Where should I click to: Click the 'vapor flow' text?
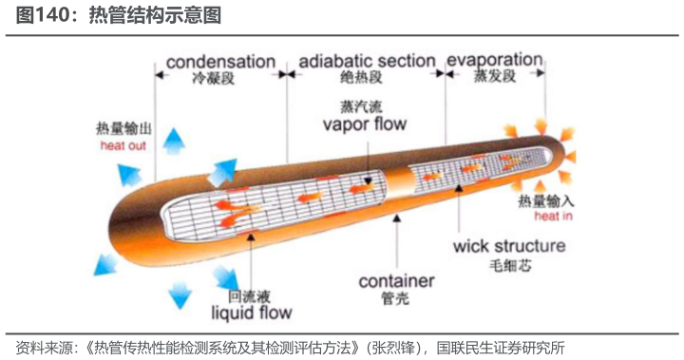pyautogui.click(x=364, y=124)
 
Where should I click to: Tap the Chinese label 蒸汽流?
pyautogui.click(x=358, y=105)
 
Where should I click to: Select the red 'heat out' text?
pyautogui.click(x=123, y=146)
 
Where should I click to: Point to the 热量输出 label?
pyautogui.click(x=123, y=128)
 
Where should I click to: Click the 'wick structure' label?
pyautogui.click(x=508, y=247)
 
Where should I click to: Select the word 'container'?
pyautogui.click(x=396, y=281)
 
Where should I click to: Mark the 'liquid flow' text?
pyautogui.click(x=251, y=312)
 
